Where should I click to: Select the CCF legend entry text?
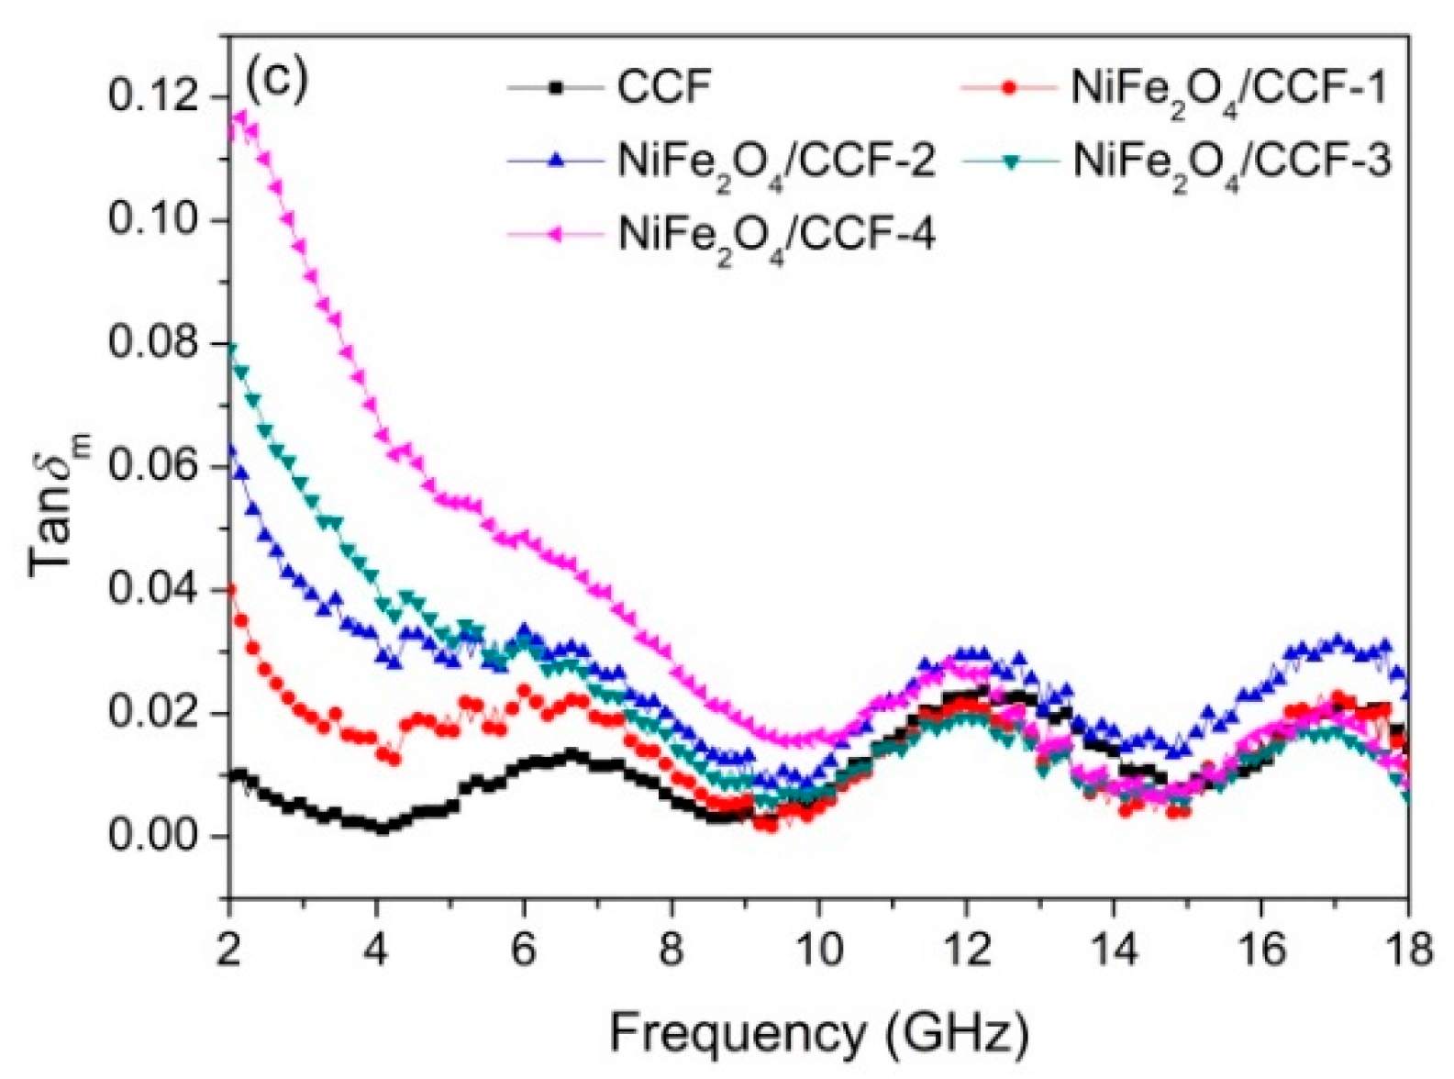click(664, 88)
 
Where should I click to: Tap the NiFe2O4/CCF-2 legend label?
click(776, 162)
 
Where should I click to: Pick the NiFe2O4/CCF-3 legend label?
click(1232, 162)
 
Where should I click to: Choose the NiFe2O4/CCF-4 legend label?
click(776, 236)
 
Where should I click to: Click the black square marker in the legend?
click(554, 88)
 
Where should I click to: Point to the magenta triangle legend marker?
click(554, 235)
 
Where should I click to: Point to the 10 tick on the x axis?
click(819, 949)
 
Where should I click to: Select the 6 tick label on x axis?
click(524, 949)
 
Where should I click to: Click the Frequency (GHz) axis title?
click(818, 1033)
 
